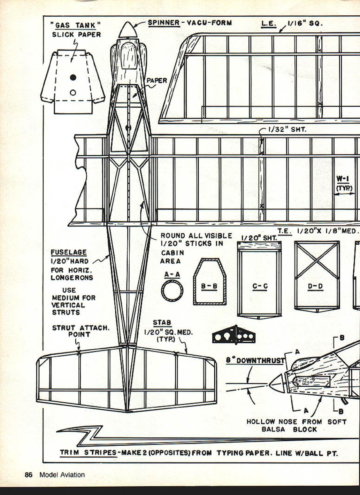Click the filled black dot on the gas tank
click(73, 77)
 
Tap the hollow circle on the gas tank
click(73, 93)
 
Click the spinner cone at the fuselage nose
click(128, 30)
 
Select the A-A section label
click(172, 274)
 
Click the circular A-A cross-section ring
click(172, 291)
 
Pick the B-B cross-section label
click(209, 286)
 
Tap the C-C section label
click(260, 286)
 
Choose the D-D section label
click(315, 286)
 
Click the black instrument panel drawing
click(233, 335)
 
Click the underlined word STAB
click(162, 323)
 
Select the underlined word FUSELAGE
click(69, 252)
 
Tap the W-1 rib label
click(343, 179)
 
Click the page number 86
click(28, 475)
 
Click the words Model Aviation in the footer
click(62, 475)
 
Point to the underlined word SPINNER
click(164, 23)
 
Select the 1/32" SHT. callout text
click(287, 130)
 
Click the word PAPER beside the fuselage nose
click(156, 80)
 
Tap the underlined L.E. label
click(269, 24)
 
